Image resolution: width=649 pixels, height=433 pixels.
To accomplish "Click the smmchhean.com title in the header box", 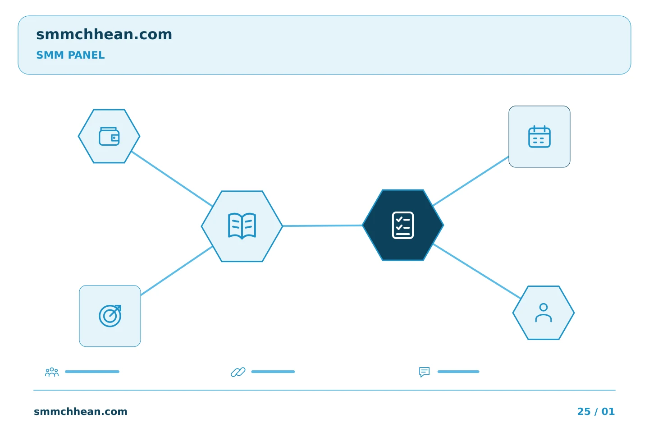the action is pos(104,34).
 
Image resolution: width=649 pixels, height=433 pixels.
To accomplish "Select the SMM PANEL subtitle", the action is pos(70,55).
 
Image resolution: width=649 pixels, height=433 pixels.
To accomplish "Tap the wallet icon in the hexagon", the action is pos(109,136).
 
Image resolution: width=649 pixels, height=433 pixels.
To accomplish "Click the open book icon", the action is pos(242,226).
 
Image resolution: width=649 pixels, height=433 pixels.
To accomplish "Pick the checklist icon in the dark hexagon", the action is pos(403,226).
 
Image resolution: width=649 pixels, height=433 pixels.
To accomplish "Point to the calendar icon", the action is pos(539,137).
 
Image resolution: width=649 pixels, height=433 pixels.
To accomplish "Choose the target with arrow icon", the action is pos(110,316).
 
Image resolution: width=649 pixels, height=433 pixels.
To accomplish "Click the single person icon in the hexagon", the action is pos(543,313).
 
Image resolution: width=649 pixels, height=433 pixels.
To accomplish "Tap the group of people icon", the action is pos(52,372).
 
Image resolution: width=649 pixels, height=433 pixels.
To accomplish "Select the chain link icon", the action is pos(238,372).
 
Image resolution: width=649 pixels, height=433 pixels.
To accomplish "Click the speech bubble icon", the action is pos(424,372).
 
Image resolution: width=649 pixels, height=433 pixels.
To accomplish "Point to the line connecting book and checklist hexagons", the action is pos(323,226).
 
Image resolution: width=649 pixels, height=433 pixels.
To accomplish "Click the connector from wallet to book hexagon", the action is pos(172,179).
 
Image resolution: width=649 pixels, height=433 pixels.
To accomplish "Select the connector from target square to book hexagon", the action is pos(177,271).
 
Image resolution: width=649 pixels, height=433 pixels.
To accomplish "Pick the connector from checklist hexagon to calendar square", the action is pos(471,181).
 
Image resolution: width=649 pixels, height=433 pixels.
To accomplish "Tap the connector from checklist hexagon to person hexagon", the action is pos(477,271).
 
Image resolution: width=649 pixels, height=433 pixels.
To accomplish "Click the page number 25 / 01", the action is pos(596,411).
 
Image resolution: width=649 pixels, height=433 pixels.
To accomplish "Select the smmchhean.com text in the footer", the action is pos(81,411).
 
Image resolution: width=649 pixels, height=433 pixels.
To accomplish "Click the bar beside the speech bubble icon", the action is pos(458,372).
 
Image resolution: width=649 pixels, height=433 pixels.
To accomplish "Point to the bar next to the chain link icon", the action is pos(273,372).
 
